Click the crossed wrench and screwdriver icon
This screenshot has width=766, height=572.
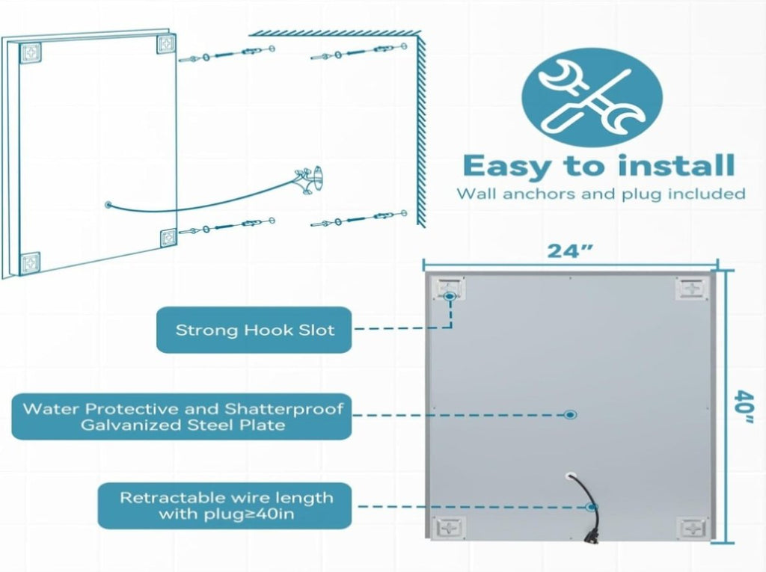click(x=592, y=97)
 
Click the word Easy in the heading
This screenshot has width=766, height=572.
click(x=509, y=167)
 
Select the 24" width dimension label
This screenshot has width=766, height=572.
click(x=570, y=251)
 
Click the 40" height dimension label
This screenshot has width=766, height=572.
click(x=745, y=407)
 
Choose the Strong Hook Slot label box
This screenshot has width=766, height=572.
click(x=254, y=330)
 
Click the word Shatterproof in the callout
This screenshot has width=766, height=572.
click(x=284, y=408)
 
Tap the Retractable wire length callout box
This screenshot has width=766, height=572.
click(x=224, y=505)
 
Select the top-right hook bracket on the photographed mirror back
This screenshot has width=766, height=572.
click(x=691, y=288)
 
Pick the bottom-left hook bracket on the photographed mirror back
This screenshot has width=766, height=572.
click(x=450, y=528)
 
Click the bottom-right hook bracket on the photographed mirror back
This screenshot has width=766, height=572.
click(x=692, y=528)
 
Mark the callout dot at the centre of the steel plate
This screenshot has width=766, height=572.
click(x=570, y=415)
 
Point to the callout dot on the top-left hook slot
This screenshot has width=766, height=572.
click(x=450, y=296)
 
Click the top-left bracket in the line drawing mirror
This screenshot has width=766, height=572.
click(x=30, y=53)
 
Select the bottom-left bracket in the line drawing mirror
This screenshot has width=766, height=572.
click(x=30, y=263)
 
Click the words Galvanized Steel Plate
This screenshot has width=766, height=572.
click(x=183, y=425)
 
